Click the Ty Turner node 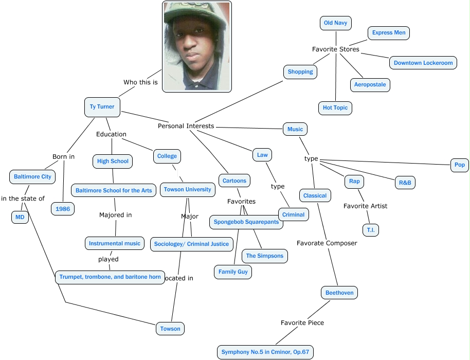coord(102,107)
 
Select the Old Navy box coord(335,23)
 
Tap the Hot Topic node coord(335,108)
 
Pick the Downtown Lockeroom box coord(423,63)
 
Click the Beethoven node coord(339,293)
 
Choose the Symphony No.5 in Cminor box coord(265,353)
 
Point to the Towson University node coord(187,190)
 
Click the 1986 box coord(63,209)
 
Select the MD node coord(20,218)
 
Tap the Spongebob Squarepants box coord(246,222)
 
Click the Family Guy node coord(233,272)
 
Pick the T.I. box coord(370,230)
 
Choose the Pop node coord(459,165)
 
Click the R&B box coord(404,183)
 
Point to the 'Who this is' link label coord(140,82)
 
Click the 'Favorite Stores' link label coord(335,49)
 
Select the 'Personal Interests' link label coord(186,126)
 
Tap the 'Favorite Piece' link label coord(302,323)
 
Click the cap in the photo coord(196,13)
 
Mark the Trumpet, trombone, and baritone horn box coord(111,277)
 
